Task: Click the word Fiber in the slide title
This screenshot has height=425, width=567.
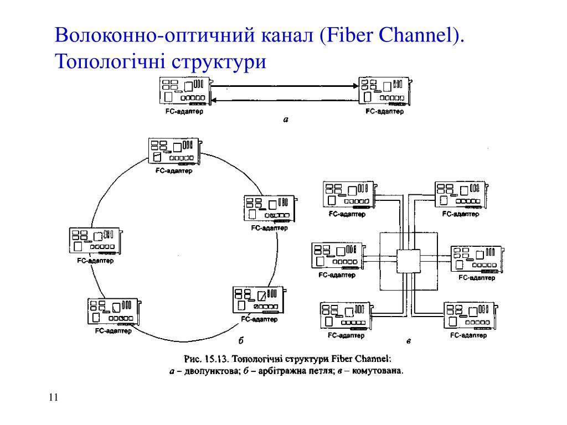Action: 349,35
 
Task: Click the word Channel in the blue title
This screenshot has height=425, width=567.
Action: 416,35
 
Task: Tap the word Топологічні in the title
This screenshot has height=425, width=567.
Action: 111,61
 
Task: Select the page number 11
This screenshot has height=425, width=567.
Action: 53,397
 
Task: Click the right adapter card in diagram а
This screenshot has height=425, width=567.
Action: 385,91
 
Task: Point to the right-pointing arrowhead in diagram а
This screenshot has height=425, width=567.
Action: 356,86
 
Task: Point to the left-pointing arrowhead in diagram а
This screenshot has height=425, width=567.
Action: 213,100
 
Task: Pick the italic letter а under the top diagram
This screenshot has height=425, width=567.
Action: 286,120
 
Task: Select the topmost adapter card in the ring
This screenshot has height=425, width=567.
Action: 175,152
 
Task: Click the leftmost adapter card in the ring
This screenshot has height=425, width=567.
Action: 96,241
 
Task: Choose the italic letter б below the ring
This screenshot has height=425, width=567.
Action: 241,340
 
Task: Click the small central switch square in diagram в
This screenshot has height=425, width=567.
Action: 409,261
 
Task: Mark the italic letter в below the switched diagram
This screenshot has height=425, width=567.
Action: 409,341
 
